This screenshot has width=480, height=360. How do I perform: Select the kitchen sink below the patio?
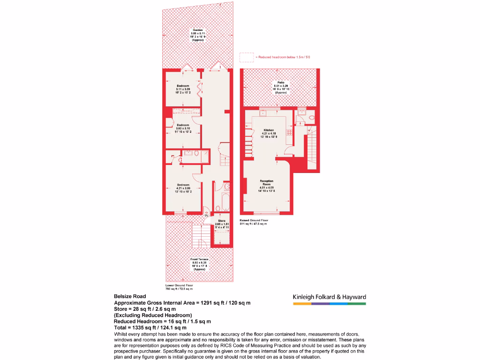tap(262, 113)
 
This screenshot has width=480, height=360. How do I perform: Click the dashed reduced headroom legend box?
tap(247, 57)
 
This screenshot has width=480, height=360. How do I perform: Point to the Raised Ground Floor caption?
tap(254, 220)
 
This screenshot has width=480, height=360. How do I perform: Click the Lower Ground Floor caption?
tap(179, 285)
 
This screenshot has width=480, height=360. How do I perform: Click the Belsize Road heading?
tap(130, 296)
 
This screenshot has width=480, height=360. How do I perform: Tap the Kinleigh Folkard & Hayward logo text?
tap(329, 297)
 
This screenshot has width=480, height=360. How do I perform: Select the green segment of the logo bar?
tap(357, 304)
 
